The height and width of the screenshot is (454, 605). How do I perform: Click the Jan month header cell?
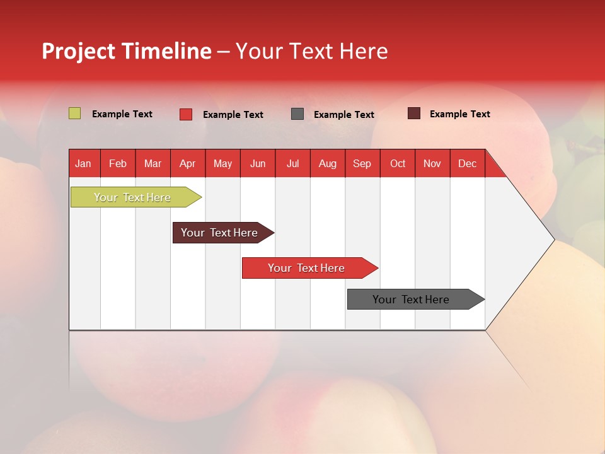pyautogui.click(x=84, y=163)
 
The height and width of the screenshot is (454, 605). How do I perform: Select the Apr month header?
pyautogui.click(x=188, y=163)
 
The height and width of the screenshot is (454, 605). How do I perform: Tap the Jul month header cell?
pyautogui.click(x=292, y=163)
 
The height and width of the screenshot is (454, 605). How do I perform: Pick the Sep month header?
pyautogui.click(x=362, y=163)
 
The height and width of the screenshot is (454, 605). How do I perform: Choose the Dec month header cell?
pyautogui.click(x=467, y=163)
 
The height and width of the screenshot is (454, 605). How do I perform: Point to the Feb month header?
pyautogui.click(x=118, y=163)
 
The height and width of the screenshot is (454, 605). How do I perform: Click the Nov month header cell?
pyautogui.click(x=432, y=163)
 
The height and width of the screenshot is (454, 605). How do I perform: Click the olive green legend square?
pyautogui.click(x=74, y=113)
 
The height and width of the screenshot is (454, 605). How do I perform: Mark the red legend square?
pyautogui.click(x=186, y=114)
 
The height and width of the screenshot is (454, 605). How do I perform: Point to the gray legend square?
pyautogui.click(x=297, y=113)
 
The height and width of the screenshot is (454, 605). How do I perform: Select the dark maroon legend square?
pyautogui.click(x=413, y=113)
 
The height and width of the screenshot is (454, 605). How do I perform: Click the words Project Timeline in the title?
pyautogui.click(x=126, y=51)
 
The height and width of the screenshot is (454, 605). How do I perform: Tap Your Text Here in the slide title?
pyautogui.click(x=312, y=51)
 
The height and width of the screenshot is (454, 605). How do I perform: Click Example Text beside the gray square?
pyautogui.click(x=344, y=115)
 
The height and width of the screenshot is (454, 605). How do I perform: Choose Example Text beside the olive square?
pyautogui.click(x=122, y=114)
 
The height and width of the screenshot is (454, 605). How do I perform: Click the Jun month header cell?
pyautogui.click(x=258, y=163)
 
